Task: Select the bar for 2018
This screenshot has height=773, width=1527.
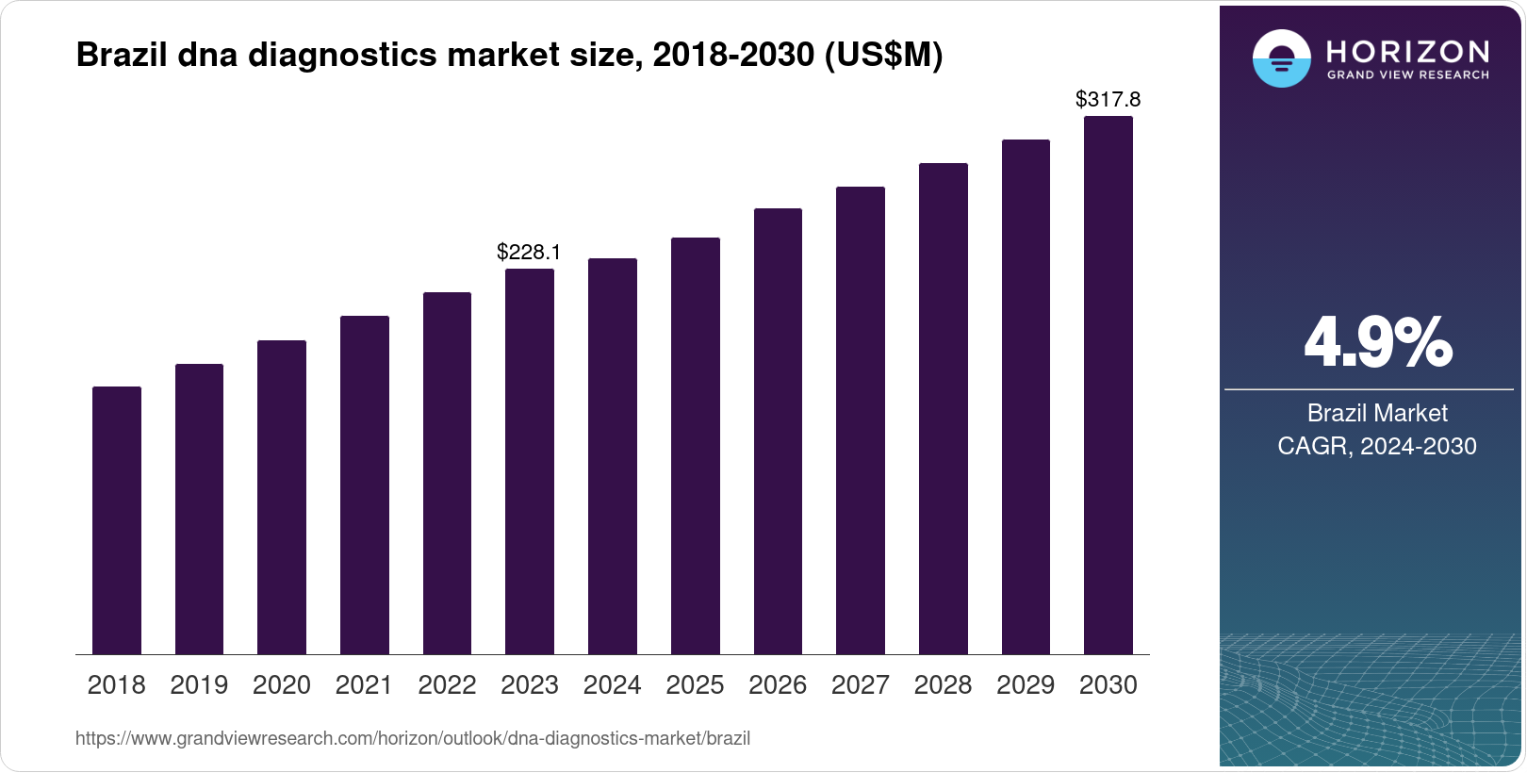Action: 117,520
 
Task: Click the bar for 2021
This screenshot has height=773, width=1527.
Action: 365,485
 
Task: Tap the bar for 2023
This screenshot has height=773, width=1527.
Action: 530,461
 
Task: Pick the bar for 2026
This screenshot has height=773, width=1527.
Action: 778,431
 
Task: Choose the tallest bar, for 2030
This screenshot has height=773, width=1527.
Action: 1108,385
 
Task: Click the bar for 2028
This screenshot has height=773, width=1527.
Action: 943,408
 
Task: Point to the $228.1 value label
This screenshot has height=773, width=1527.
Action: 529,252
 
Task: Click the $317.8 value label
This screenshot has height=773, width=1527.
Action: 1108,99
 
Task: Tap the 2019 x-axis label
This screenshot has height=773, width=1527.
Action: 199,685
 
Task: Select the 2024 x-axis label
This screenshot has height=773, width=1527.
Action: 612,685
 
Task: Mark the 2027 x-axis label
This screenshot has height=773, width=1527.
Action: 860,685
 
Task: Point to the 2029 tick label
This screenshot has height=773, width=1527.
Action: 1026,685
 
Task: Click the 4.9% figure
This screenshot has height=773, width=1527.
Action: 1377,343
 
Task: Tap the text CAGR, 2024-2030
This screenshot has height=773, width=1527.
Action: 1376,446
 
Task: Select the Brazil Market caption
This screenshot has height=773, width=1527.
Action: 1376,413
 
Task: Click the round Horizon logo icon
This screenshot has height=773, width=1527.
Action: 1281,58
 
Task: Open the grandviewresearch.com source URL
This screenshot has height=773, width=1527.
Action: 413,739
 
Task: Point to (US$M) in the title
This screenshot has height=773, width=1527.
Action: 883,55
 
